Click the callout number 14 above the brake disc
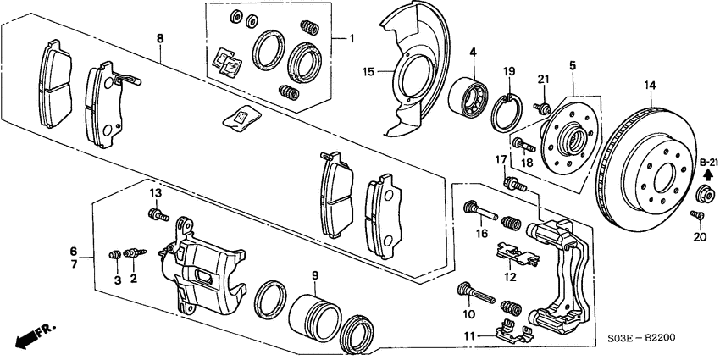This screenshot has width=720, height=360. click(x=650, y=85)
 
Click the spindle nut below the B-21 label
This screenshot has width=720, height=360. click(x=702, y=197)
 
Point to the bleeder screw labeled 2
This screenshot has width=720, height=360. click(x=132, y=252)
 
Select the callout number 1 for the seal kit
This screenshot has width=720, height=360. click(x=355, y=40)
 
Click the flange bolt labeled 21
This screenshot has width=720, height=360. click(x=542, y=108)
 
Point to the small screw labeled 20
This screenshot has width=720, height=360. click(x=700, y=218)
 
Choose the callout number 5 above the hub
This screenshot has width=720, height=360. click(x=573, y=64)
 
